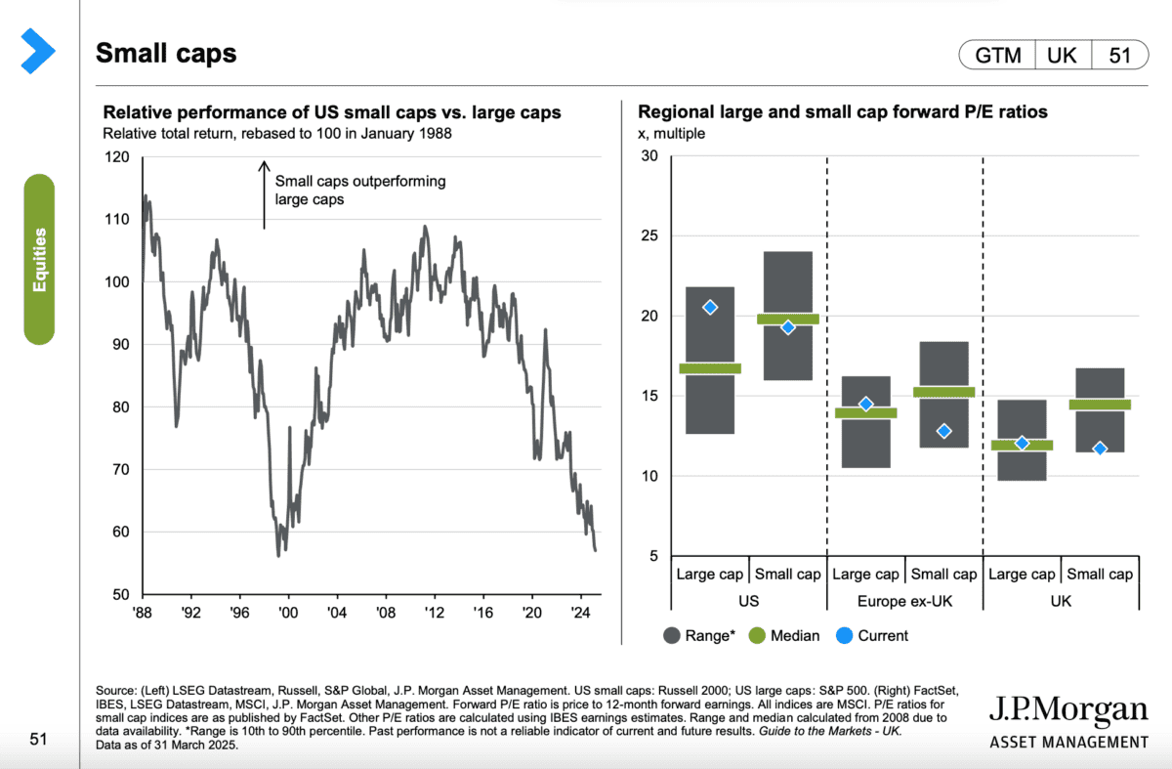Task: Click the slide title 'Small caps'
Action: coord(166,53)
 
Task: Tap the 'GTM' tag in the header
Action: coord(995,56)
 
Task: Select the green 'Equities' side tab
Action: coord(39,259)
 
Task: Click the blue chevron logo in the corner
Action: coord(38,50)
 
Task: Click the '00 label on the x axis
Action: coord(288,613)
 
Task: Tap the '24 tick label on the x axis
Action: coord(580,613)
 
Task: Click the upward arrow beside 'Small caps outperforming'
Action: coord(264,194)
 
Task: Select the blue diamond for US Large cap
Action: coord(710,307)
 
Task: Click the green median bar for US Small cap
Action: coord(787,319)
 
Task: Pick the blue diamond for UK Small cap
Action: coord(1100,449)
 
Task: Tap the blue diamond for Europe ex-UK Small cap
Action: coord(943,431)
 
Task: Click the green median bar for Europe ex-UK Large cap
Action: coord(865,412)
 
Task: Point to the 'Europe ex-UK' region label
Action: coord(904,601)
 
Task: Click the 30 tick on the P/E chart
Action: coord(649,156)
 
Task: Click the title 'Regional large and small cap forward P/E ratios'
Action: coord(842,112)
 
